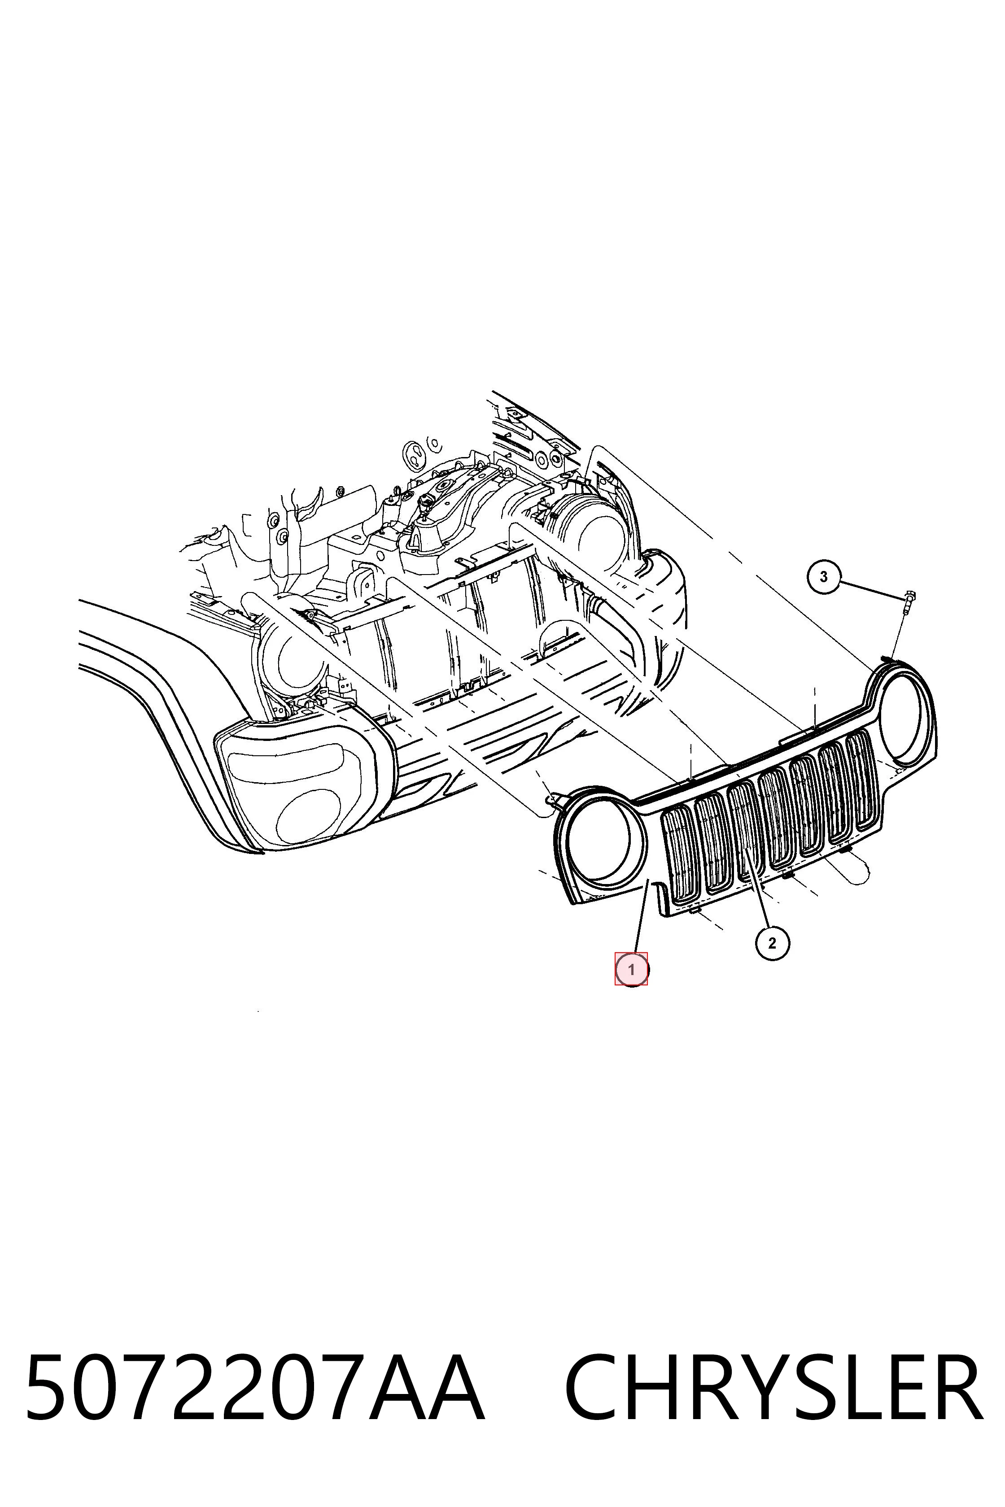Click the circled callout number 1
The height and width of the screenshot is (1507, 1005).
[x=631, y=969]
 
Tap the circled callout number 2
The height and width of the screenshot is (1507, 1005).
[x=772, y=943]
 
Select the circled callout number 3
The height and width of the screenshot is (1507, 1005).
[x=824, y=577]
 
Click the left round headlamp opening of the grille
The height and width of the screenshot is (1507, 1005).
[x=605, y=841]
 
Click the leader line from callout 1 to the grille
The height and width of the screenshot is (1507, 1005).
[x=642, y=917]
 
